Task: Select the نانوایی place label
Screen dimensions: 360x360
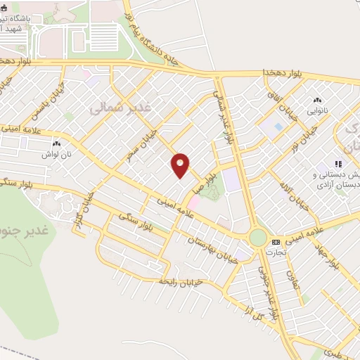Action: coord(316,110)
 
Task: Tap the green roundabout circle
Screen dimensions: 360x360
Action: coord(258,238)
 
